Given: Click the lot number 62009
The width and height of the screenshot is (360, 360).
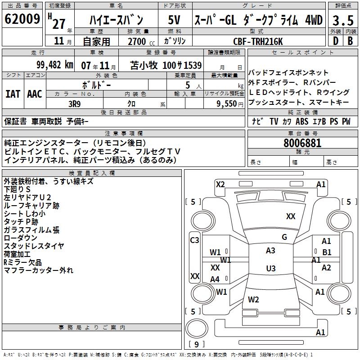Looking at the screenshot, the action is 22,20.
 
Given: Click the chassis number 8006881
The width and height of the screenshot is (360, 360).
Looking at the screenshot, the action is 303,144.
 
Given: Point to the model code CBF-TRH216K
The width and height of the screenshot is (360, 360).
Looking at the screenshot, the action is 258,41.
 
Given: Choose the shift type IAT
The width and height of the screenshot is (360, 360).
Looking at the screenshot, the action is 13,94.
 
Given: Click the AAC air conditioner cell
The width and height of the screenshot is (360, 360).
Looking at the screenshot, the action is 35,94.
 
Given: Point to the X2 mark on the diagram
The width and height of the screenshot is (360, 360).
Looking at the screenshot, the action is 220,184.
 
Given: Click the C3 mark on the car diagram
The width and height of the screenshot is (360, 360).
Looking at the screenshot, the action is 194,240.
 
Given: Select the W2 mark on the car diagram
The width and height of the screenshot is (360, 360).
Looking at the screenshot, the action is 253,300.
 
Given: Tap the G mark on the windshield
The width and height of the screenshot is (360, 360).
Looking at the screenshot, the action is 284,237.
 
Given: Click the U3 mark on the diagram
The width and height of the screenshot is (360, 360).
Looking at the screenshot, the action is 270,269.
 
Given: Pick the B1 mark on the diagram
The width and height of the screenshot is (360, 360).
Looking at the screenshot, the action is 327,252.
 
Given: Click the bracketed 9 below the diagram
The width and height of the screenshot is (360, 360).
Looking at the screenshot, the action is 196,345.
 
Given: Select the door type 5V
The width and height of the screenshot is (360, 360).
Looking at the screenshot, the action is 175,20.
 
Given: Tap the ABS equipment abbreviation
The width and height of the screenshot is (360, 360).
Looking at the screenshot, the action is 302,121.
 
